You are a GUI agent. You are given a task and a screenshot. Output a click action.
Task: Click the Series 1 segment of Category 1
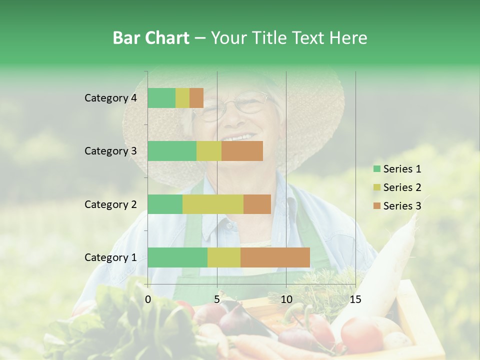(x=177, y=257)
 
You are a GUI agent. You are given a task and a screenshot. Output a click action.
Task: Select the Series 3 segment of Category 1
(x=275, y=257)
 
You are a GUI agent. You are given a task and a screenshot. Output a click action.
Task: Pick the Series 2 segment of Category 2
(x=213, y=204)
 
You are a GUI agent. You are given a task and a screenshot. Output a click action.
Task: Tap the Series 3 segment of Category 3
(x=242, y=151)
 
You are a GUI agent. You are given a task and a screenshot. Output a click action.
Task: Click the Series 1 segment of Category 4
(x=161, y=98)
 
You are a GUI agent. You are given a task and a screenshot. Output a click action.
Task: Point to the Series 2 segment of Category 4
(x=182, y=98)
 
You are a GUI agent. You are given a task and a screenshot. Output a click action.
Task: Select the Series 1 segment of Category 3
(x=172, y=151)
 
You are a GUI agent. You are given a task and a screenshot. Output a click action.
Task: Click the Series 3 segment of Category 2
(x=257, y=204)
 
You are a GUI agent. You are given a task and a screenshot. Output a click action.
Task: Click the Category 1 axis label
(x=110, y=257)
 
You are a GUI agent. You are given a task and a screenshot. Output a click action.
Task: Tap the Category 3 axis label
(x=110, y=151)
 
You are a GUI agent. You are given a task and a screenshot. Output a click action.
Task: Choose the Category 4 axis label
(x=110, y=98)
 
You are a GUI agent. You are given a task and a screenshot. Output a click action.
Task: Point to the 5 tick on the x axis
(x=217, y=299)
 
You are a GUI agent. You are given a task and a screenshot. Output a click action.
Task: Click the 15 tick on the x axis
(x=355, y=299)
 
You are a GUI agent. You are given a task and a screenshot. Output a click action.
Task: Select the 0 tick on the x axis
(x=148, y=299)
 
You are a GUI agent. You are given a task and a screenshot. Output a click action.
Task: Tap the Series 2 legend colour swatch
(x=376, y=187)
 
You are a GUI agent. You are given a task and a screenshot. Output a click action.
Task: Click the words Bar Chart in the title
(x=150, y=38)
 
